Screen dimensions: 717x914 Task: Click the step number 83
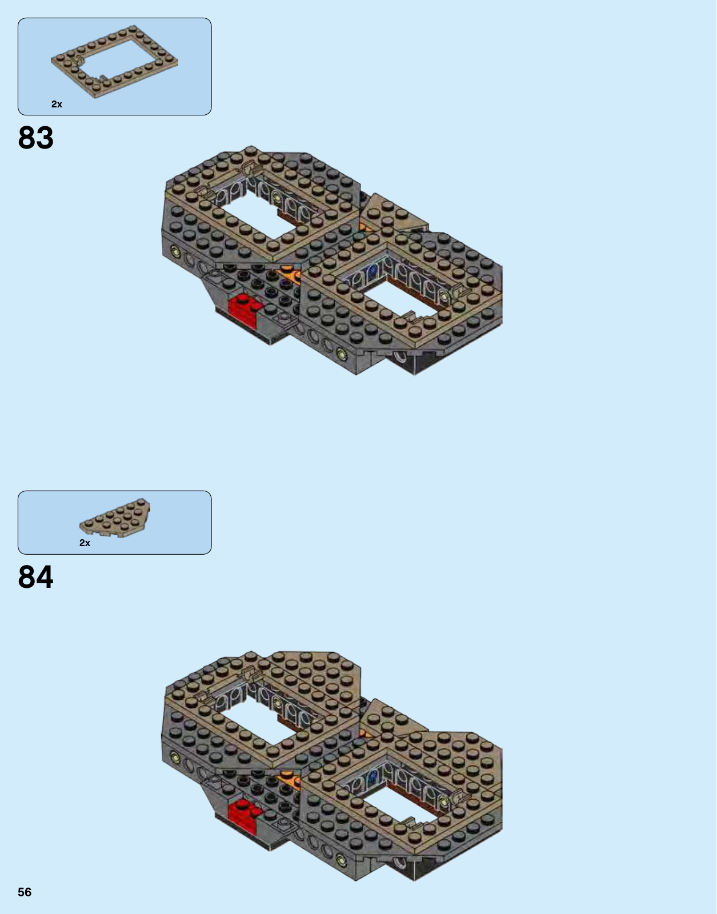click(x=36, y=138)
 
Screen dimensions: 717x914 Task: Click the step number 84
click(x=36, y=577)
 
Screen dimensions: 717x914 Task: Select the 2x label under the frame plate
click(x=57, y=105)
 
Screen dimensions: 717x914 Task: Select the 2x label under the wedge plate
click(x=85, y=543)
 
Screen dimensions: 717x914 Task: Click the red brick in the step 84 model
click(x=243, y=816)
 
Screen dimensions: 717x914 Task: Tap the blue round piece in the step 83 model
click(x=372, y=270)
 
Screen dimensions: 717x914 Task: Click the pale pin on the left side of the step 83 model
click(x=174, y=251)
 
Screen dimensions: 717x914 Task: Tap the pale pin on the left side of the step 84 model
click(x=174, y=757)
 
